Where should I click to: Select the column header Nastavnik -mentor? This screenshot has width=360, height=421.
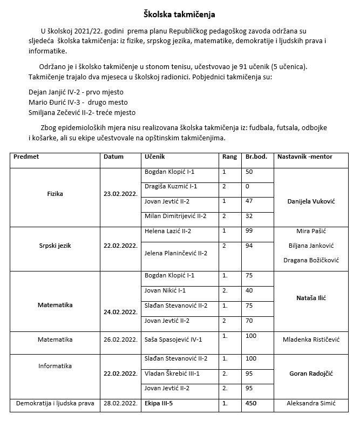tap(304, 157)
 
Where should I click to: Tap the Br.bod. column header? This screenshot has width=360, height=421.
tap(256, 157)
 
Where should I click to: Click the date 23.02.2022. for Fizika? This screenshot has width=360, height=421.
tap(120, 194)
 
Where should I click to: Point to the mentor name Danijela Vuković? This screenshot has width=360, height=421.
tap(308, 201)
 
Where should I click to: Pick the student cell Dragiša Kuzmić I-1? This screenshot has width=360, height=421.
tap(171, 186)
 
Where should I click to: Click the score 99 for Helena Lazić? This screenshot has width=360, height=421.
tap(249, 231)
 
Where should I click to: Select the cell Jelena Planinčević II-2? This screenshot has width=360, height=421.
tap(176, 253)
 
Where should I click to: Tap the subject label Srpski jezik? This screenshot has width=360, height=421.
tap(55, 246)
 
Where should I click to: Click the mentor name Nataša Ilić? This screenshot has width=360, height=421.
tap(311, 298)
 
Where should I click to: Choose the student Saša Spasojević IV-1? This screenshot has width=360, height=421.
tap(173, 339)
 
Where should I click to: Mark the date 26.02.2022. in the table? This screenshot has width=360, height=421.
tap(120, 340)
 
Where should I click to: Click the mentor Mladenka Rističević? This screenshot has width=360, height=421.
tap(311, 340)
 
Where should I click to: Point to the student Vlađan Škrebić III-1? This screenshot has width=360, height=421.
tap(172, 374)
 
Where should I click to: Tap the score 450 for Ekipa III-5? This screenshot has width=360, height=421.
tap(251, 403)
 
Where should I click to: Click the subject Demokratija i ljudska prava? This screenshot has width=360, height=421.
tap(55, 403)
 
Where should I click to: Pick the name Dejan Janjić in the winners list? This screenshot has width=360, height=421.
tap(50, 92)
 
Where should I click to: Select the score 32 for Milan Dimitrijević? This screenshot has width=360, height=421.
tap(249, 216)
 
